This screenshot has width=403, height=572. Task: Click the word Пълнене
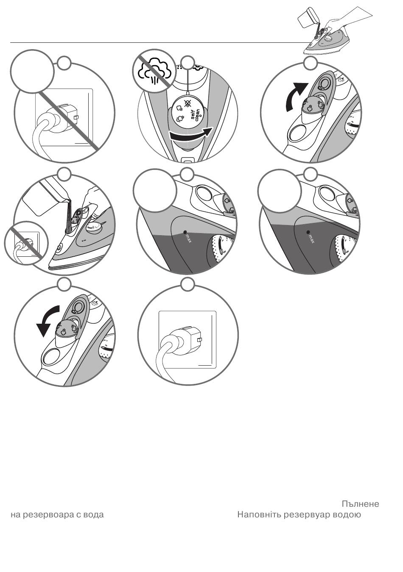(360, 504)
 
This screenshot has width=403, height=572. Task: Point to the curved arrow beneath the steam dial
(190, 135)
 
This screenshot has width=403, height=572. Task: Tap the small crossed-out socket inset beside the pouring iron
(26, 243)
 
